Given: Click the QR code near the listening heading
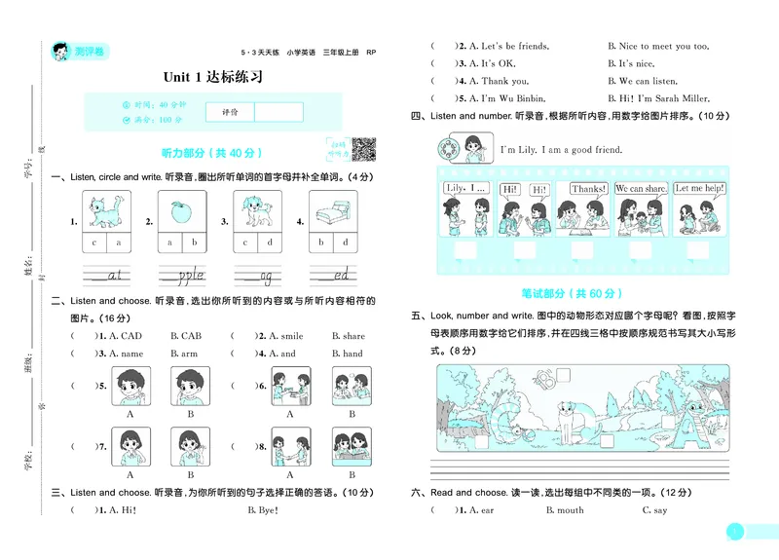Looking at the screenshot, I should pos(363,149).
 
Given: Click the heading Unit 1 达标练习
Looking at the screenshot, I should pos(212,77).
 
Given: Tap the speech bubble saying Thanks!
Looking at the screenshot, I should pos(588,188).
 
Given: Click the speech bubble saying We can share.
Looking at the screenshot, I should pos(642,188).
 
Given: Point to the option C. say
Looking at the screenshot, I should pos(653,509).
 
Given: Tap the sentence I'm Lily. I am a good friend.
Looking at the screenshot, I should pos(560,150).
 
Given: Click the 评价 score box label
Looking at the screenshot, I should pos(230,112).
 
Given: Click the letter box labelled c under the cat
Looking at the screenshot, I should pos(94,243).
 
